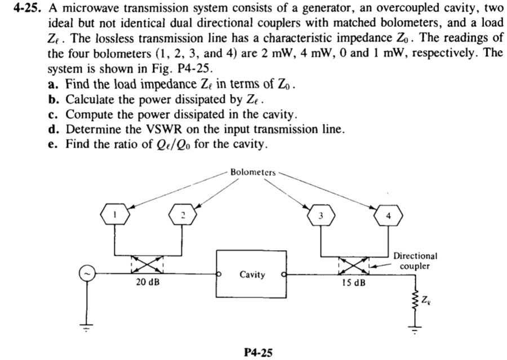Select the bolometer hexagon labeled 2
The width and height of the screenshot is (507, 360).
182,215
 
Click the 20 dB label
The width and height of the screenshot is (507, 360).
148,282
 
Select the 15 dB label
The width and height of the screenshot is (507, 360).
353,282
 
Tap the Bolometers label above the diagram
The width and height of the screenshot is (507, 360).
253,172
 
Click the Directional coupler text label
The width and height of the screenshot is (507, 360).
415,260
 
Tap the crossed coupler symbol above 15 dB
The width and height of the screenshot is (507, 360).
353,264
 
